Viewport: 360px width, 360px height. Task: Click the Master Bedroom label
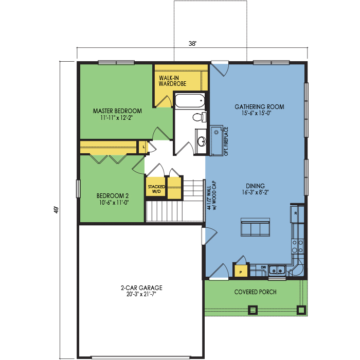(117, 111)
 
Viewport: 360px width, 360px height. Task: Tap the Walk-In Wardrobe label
(172, 81)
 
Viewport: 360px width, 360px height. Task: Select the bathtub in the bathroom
(190, 101)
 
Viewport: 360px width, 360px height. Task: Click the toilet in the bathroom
(200, 117)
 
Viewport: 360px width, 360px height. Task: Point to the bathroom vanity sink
(202, 141)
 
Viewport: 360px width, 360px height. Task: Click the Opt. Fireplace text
(226, 141)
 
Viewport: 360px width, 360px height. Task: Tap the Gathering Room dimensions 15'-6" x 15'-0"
(257, 113)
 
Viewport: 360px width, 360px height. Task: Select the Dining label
(255, 186)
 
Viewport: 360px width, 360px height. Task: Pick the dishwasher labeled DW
(263, 267)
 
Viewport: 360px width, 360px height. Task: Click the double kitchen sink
(277, 270)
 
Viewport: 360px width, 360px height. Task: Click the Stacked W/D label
(156, 189)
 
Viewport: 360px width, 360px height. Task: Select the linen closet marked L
(143, 147)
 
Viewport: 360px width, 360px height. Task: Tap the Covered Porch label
(255, 292)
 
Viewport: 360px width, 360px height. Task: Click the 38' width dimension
(192, 43)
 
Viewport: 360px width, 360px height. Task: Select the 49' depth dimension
(56, 210)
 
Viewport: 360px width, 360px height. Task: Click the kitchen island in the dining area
(255, 227)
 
